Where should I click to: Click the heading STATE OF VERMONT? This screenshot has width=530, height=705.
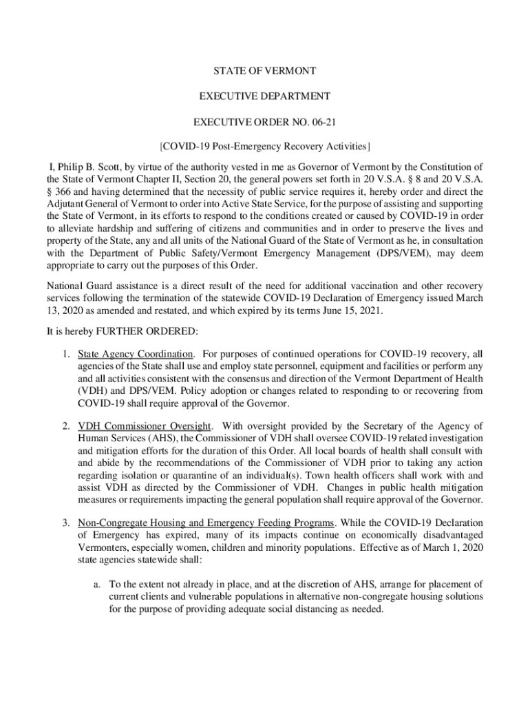265,71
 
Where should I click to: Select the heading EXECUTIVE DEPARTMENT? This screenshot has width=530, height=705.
265,96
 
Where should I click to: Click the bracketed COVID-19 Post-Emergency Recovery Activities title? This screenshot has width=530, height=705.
265,147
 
